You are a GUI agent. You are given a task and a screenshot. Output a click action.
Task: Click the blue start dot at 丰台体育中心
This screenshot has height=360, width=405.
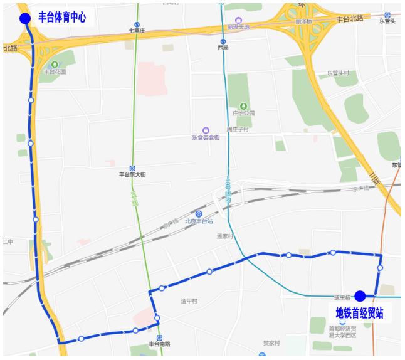pyautogui.click(x=25, y=18)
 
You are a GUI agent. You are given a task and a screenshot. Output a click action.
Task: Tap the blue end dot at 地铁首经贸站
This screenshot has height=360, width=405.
pyautogui.click(x=360, y=296)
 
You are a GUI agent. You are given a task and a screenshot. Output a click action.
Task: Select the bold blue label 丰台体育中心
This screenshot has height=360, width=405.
pyautogui.click(x=62, y=17)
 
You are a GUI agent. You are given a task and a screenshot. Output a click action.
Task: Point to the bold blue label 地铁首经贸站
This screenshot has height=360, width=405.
pyautogui.click(x=359, y=313)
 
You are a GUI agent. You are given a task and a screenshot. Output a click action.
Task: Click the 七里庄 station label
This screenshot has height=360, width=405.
pyautogui.click(x=137, y=30)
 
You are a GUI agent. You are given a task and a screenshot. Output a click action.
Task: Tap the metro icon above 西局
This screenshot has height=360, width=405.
pyautogui.click(x=223, y=41)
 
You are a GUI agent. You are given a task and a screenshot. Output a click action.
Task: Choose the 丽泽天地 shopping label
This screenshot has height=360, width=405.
pyautogui.click(x=238, y=28)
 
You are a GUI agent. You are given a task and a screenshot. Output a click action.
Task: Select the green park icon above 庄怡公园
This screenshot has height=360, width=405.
pyautogui.click(x=243, y=106)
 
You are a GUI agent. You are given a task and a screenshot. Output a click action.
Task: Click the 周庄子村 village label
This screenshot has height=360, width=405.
pyautogui.click(x=238, y=129)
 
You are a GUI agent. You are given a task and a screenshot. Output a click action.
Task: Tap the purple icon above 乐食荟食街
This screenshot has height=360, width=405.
pyautogui.click(x=206, y=130)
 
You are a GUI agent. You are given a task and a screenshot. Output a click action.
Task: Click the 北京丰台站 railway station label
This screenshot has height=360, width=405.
pyautogui.click(x=199, y=221)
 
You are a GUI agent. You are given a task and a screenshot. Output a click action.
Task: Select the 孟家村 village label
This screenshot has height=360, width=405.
pyautogui.click(x=224, y=236)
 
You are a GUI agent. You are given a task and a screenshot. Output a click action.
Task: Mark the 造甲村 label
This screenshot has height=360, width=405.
pyautogui.click(x=189, y=301)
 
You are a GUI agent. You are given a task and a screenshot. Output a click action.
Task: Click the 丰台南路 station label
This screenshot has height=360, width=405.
pyautogui.click(x=159, y=344)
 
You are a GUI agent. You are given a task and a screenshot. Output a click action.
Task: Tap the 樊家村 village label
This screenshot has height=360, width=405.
pyautogui.click(x=271, y=343)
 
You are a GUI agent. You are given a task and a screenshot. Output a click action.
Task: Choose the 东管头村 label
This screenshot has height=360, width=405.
pyautogui.click(x=337, y=73)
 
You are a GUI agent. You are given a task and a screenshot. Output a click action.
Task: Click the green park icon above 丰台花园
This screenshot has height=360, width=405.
pyautogui.click(x=55, y=64)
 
